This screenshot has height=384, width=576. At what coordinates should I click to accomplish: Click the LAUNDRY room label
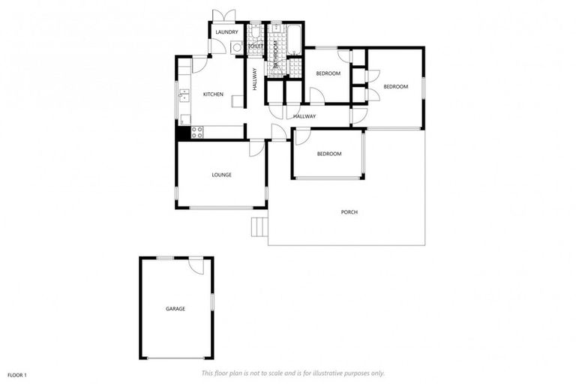[226, 32]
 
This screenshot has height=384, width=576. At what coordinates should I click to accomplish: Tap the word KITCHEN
[214, 94]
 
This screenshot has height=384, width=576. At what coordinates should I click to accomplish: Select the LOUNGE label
[221, 175]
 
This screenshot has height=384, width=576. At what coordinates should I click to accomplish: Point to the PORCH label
[349, 212]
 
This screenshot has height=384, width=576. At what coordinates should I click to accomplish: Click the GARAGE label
[175, 308]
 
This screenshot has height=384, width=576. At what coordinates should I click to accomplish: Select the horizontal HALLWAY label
[304, 116]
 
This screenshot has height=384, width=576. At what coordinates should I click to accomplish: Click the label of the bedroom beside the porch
[328, 154]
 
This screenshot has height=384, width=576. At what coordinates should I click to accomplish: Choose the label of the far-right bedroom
[396, 86]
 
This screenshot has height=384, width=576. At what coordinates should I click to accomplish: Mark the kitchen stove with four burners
[197, 132]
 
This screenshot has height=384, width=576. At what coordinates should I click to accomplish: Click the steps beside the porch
[259, 226]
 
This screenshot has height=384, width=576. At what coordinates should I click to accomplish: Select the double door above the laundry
[223, 16]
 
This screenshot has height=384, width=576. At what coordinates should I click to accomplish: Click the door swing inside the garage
[196, 265]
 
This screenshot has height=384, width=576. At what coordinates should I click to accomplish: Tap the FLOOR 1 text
[17, 373]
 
